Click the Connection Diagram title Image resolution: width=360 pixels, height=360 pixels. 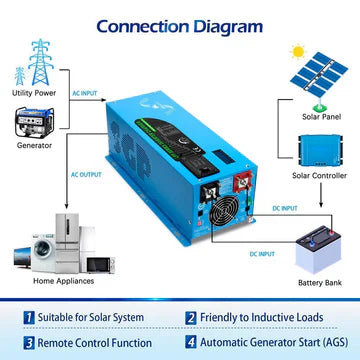pyautogui.click(x=180, y=21)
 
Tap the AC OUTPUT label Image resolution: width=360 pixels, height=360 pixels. pyautogui.click(x=85, y=173)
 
